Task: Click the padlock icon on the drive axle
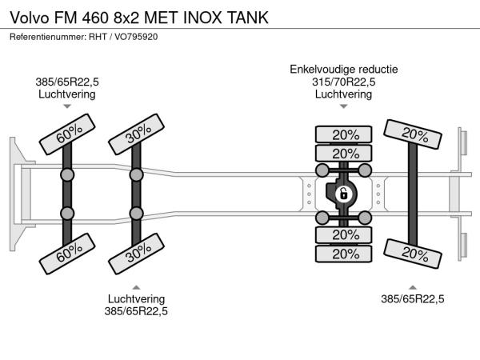tap(343, 194)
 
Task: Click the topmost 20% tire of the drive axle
tap(345, 134)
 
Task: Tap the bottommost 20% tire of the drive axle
tap(345, 254)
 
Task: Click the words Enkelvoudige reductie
tap(343, 69)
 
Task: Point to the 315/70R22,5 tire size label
tap(343, 82)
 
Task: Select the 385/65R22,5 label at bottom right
tap(414, 299)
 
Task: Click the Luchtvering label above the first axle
tap(67, 94)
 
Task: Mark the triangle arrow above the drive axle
tap(343, 106)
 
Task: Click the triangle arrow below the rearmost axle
tap(414, 286)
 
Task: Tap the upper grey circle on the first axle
tap(67, 174)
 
